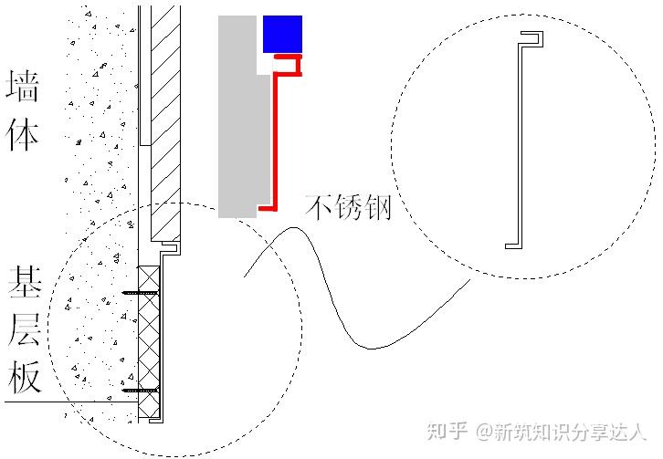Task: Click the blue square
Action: pos(282,35)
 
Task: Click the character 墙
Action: pos(23,89)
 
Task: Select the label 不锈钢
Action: pos(348,207)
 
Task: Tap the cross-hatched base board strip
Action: pos(148,342)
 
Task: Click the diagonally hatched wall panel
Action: pos(166,128)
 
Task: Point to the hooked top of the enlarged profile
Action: pos(531,37)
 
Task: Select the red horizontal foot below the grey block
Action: pos(268,208)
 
